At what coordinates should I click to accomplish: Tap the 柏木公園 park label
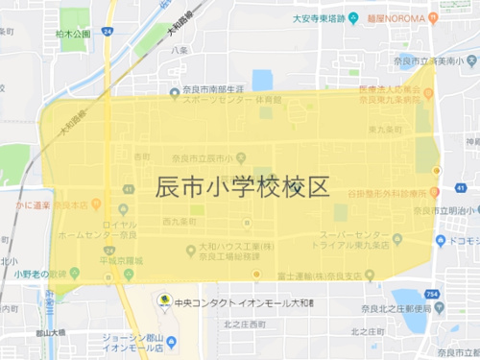tap(73, 34)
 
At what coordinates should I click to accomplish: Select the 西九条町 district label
tap(180, 221)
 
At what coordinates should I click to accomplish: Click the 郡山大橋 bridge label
tap(46, 331)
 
